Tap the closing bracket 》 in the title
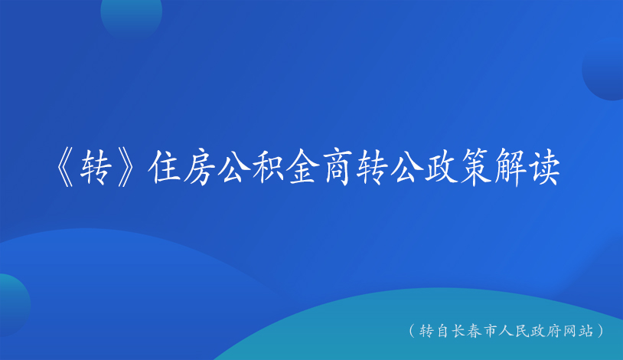point(128,168)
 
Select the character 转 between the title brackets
point(95,168)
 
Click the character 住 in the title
point(164,167)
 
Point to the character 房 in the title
point(199,167)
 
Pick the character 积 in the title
point(269,167)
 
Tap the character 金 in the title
point(304,167)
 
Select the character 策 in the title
point(476,167)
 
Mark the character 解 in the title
point(511,167)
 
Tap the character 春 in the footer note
point(475,331)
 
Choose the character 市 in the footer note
point(491,331)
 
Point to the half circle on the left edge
point(15,305)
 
